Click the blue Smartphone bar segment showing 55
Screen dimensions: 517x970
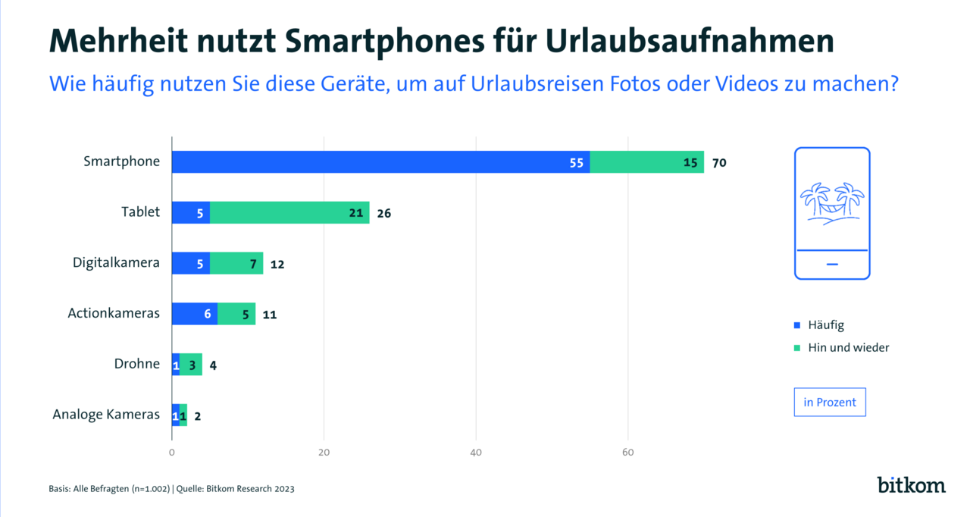[380, 162]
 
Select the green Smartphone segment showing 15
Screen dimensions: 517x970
[646, 162]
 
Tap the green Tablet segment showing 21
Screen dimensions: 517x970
[289, 213]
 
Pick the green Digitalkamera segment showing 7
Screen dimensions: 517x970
[236, 264]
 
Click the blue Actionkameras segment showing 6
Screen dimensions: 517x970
[195, 314]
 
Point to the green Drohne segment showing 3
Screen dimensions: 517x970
[191, 365]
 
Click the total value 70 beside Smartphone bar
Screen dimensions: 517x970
[719, 162]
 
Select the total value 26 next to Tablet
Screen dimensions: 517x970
[383, 213]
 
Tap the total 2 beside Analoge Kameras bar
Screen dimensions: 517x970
[197, 415]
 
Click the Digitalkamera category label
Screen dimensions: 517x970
[116, 263]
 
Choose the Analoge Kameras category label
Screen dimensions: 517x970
[106, 415]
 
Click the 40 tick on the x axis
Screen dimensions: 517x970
[476, 453]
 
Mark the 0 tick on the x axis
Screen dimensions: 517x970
[172, 453]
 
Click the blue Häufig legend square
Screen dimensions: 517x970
[797, 325]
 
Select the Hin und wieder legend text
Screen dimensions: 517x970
[848, 348]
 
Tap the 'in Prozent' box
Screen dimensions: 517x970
[830, 403]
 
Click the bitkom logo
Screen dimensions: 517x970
[911, 485]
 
